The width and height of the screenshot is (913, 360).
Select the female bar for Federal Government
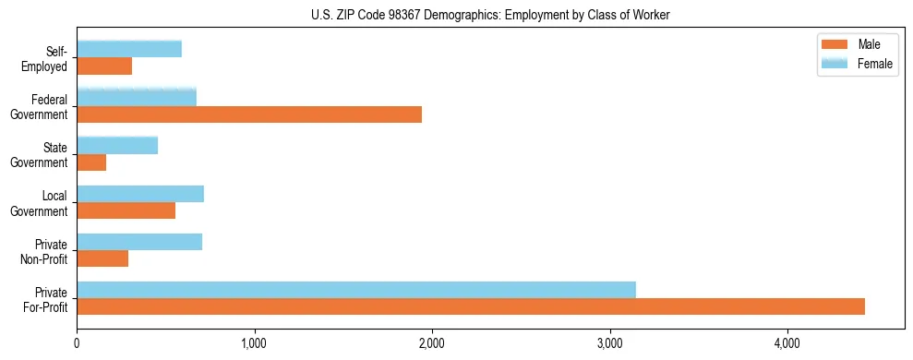pos(137,97)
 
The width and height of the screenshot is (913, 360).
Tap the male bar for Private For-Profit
pos(471,306)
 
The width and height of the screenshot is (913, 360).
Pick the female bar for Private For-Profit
pos(356,289)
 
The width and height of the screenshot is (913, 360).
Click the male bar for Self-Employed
pos(104,66)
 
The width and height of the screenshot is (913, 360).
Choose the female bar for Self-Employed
pos(129,49)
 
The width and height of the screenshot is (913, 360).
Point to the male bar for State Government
pos(91,162)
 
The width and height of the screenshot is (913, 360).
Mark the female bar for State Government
pos(117,145)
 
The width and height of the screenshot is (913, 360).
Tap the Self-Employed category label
pos(49,59)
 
